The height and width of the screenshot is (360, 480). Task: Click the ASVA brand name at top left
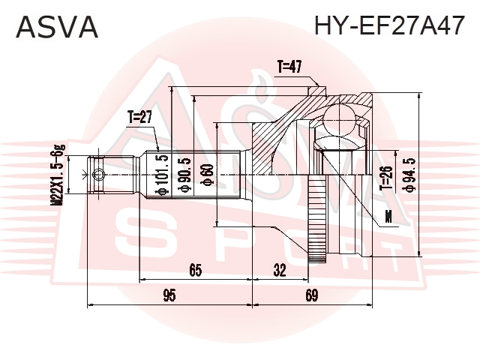[x=57, y=27]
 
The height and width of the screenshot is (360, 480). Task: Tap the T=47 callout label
[x=289, y=67]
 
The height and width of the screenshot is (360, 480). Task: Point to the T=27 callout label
[x=140, y=117]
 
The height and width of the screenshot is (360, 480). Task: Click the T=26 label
[x=386, y=178]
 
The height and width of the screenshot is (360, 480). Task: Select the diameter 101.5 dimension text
[x=162, y=175]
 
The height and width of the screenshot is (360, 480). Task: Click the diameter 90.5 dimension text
[x=187, y=175]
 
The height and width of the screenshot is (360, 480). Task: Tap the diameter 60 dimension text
[x=207, y=175]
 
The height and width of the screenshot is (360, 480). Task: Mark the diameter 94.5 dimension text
[x=409, y=175]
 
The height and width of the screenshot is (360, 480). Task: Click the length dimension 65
[x=196, y=271]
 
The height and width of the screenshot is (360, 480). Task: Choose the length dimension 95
[x=169, y=295]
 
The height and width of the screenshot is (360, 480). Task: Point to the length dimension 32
[x=280, y=271]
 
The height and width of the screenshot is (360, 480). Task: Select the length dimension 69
[x=312, y=295]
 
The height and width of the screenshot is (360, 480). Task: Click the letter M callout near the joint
[x=388, y=217]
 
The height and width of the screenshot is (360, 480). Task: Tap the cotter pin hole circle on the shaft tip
[x=98, y=175]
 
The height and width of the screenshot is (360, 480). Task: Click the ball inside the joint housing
[x=340, y=120]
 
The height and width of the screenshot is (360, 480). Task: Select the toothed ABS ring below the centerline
[x=316, y=218]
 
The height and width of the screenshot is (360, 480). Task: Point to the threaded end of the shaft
[x=112, y=175]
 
